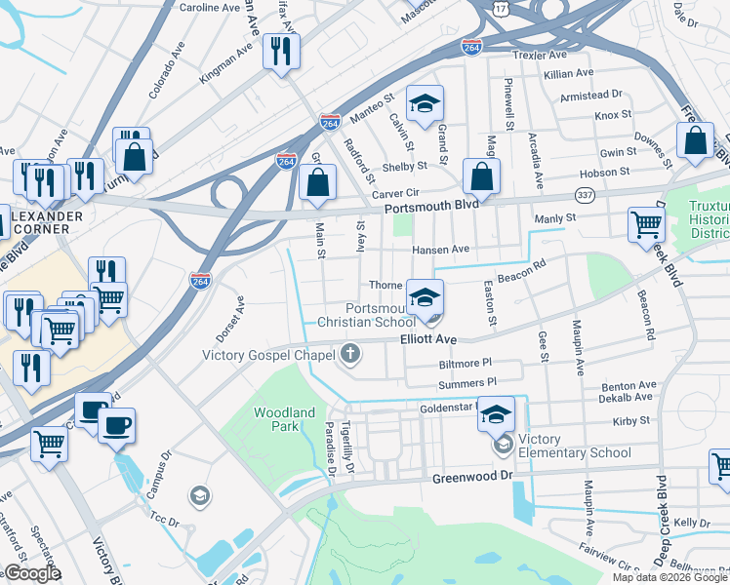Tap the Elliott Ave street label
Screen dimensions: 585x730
tap(428, 339)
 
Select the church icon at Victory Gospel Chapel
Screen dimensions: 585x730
tap(348, 355)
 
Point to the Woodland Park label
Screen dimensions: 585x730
tap(284, 419)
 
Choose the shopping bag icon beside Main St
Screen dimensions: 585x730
tap(318, 182)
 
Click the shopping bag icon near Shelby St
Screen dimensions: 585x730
tap(481, 177)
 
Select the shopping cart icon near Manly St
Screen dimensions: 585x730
tap(647, 223)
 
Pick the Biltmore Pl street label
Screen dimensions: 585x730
tap(465, 363)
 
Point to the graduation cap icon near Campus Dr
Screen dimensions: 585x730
tap(199, 496)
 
